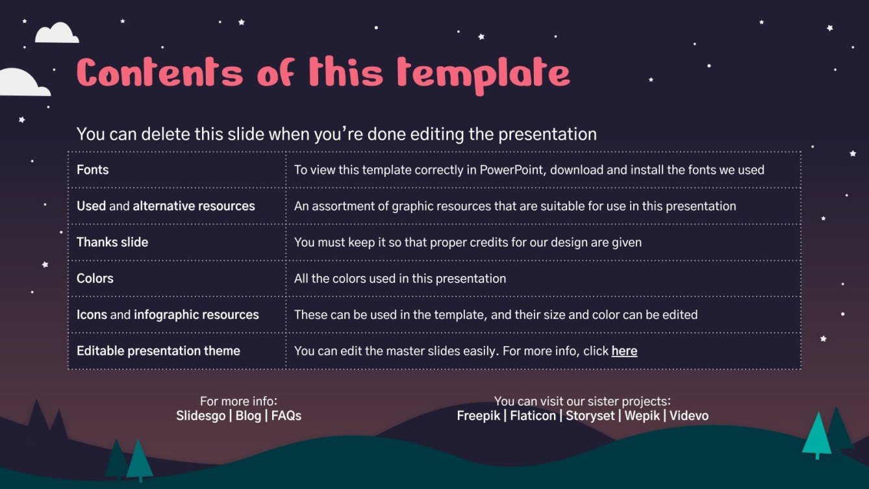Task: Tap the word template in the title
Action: [483, 74]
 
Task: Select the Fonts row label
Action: [93, 170]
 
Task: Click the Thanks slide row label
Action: [112, 242]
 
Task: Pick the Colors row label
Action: [95, 279]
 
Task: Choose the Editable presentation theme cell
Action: [158, 351]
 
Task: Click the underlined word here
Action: [624, 351]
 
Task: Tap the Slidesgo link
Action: [201, 416]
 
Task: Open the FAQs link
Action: [286, 416]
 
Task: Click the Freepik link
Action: [479, 416]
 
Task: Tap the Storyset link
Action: [590, 416]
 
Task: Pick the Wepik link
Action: [642, 416]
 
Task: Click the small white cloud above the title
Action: [57, 33]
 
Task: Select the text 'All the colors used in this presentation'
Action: [400, 279]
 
